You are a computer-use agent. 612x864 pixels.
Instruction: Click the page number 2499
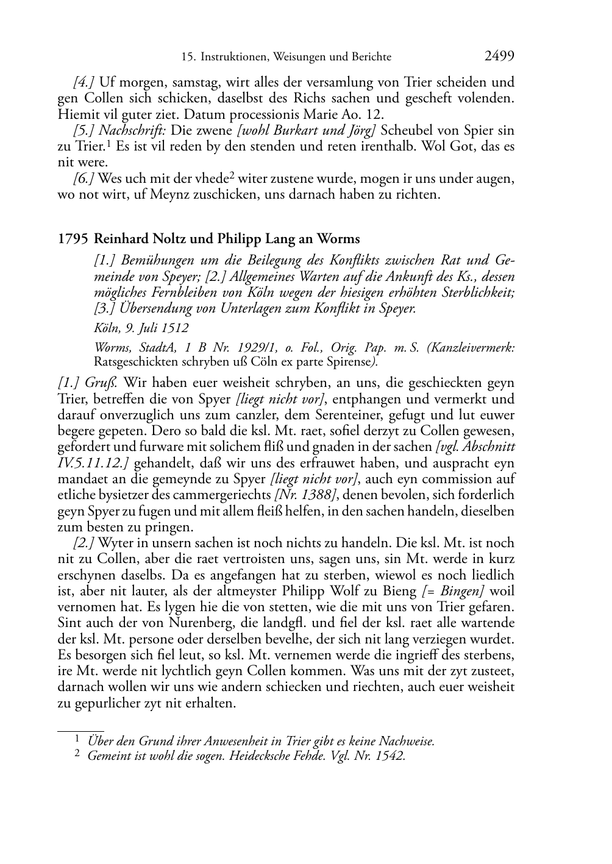click(499, 56)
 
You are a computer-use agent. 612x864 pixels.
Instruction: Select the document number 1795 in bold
click(73, 239)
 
